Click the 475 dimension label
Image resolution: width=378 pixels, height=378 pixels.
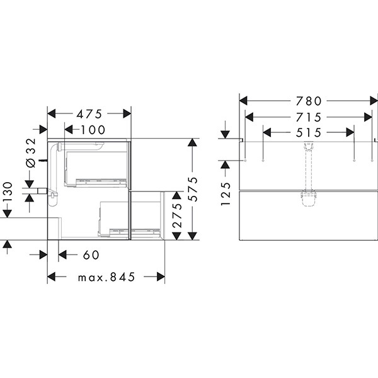89,114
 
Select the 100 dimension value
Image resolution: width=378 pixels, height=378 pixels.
93,130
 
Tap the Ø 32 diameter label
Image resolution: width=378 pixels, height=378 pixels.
31,153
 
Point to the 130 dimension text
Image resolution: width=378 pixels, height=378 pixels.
7,192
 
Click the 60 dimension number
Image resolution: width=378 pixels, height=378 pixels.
91,255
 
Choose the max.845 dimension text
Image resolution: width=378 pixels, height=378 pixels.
106,277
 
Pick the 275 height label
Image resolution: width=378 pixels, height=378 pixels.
178,215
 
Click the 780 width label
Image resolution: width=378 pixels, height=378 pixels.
309,101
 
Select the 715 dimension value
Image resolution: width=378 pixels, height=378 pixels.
309,117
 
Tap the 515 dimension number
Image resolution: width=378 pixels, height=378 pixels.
309,132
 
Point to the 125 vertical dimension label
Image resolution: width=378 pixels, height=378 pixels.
226,194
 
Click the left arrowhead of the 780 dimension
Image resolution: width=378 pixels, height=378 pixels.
243,101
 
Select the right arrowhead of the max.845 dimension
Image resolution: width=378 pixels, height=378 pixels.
161,277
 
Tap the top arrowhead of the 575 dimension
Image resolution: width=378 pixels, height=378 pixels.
192,142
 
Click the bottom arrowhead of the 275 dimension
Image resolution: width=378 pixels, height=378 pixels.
177,236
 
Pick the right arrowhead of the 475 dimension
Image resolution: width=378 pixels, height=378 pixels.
127,113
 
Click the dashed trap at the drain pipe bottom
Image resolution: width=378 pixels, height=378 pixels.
308,199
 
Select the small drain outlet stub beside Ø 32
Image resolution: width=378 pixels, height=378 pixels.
42,191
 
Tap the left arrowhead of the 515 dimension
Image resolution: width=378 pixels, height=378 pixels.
267,132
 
